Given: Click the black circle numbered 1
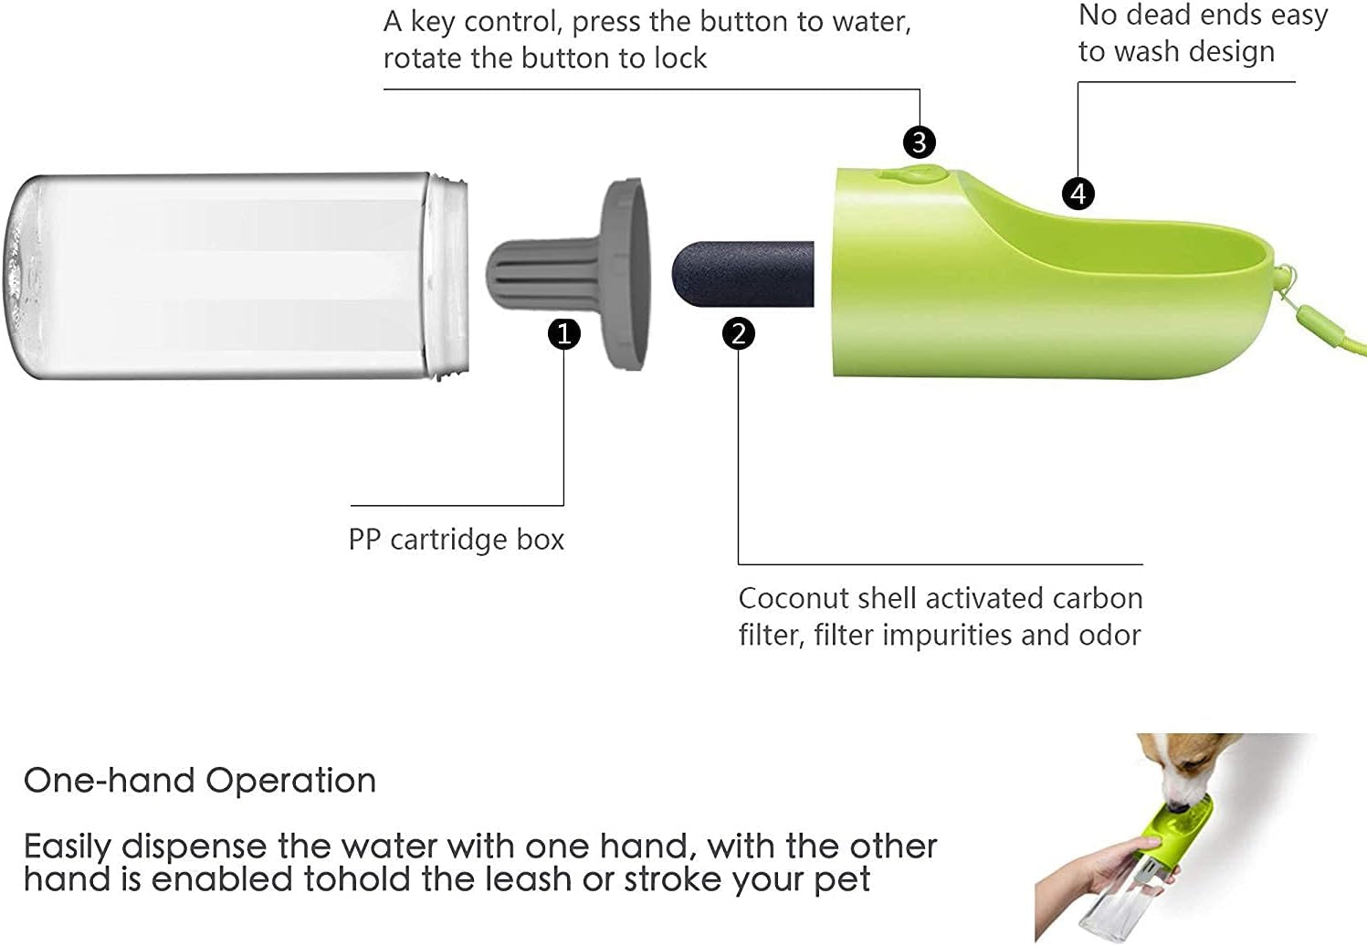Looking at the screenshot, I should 564,333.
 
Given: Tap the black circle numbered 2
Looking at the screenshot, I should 739,333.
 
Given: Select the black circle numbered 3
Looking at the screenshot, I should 920,142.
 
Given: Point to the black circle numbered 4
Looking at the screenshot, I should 1078,194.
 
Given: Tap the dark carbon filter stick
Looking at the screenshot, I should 741,273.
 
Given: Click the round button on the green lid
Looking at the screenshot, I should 908,173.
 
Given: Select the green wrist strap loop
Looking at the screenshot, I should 1315,320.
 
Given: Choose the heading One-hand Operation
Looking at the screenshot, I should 199,781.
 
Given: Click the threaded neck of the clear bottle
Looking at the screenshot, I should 449,276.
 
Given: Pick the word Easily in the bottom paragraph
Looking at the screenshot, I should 68,848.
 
